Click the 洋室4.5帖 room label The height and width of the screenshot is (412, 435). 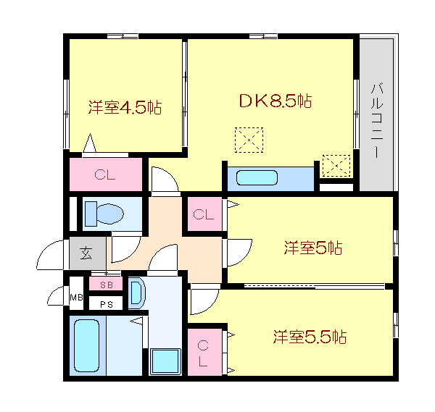click(x=125, y=108)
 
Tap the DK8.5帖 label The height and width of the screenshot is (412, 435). click(x=276, y=101)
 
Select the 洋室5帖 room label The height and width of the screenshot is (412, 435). click(x=312, y=248)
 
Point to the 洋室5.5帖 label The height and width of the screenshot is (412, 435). click(x=309, y=337)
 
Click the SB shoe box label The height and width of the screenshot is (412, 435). click(x=106, y=285)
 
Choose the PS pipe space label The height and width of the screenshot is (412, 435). click(x=106, y=303)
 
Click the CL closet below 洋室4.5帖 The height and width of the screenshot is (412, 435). click(x=105, y=174)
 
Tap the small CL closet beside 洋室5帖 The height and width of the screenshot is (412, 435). click(x=204, y=214)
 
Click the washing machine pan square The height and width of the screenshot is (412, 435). click(x=165, y=361)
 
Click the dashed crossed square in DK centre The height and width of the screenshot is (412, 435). click(x=249, y=140)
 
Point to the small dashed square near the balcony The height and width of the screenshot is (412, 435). click(x=336, y=166)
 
